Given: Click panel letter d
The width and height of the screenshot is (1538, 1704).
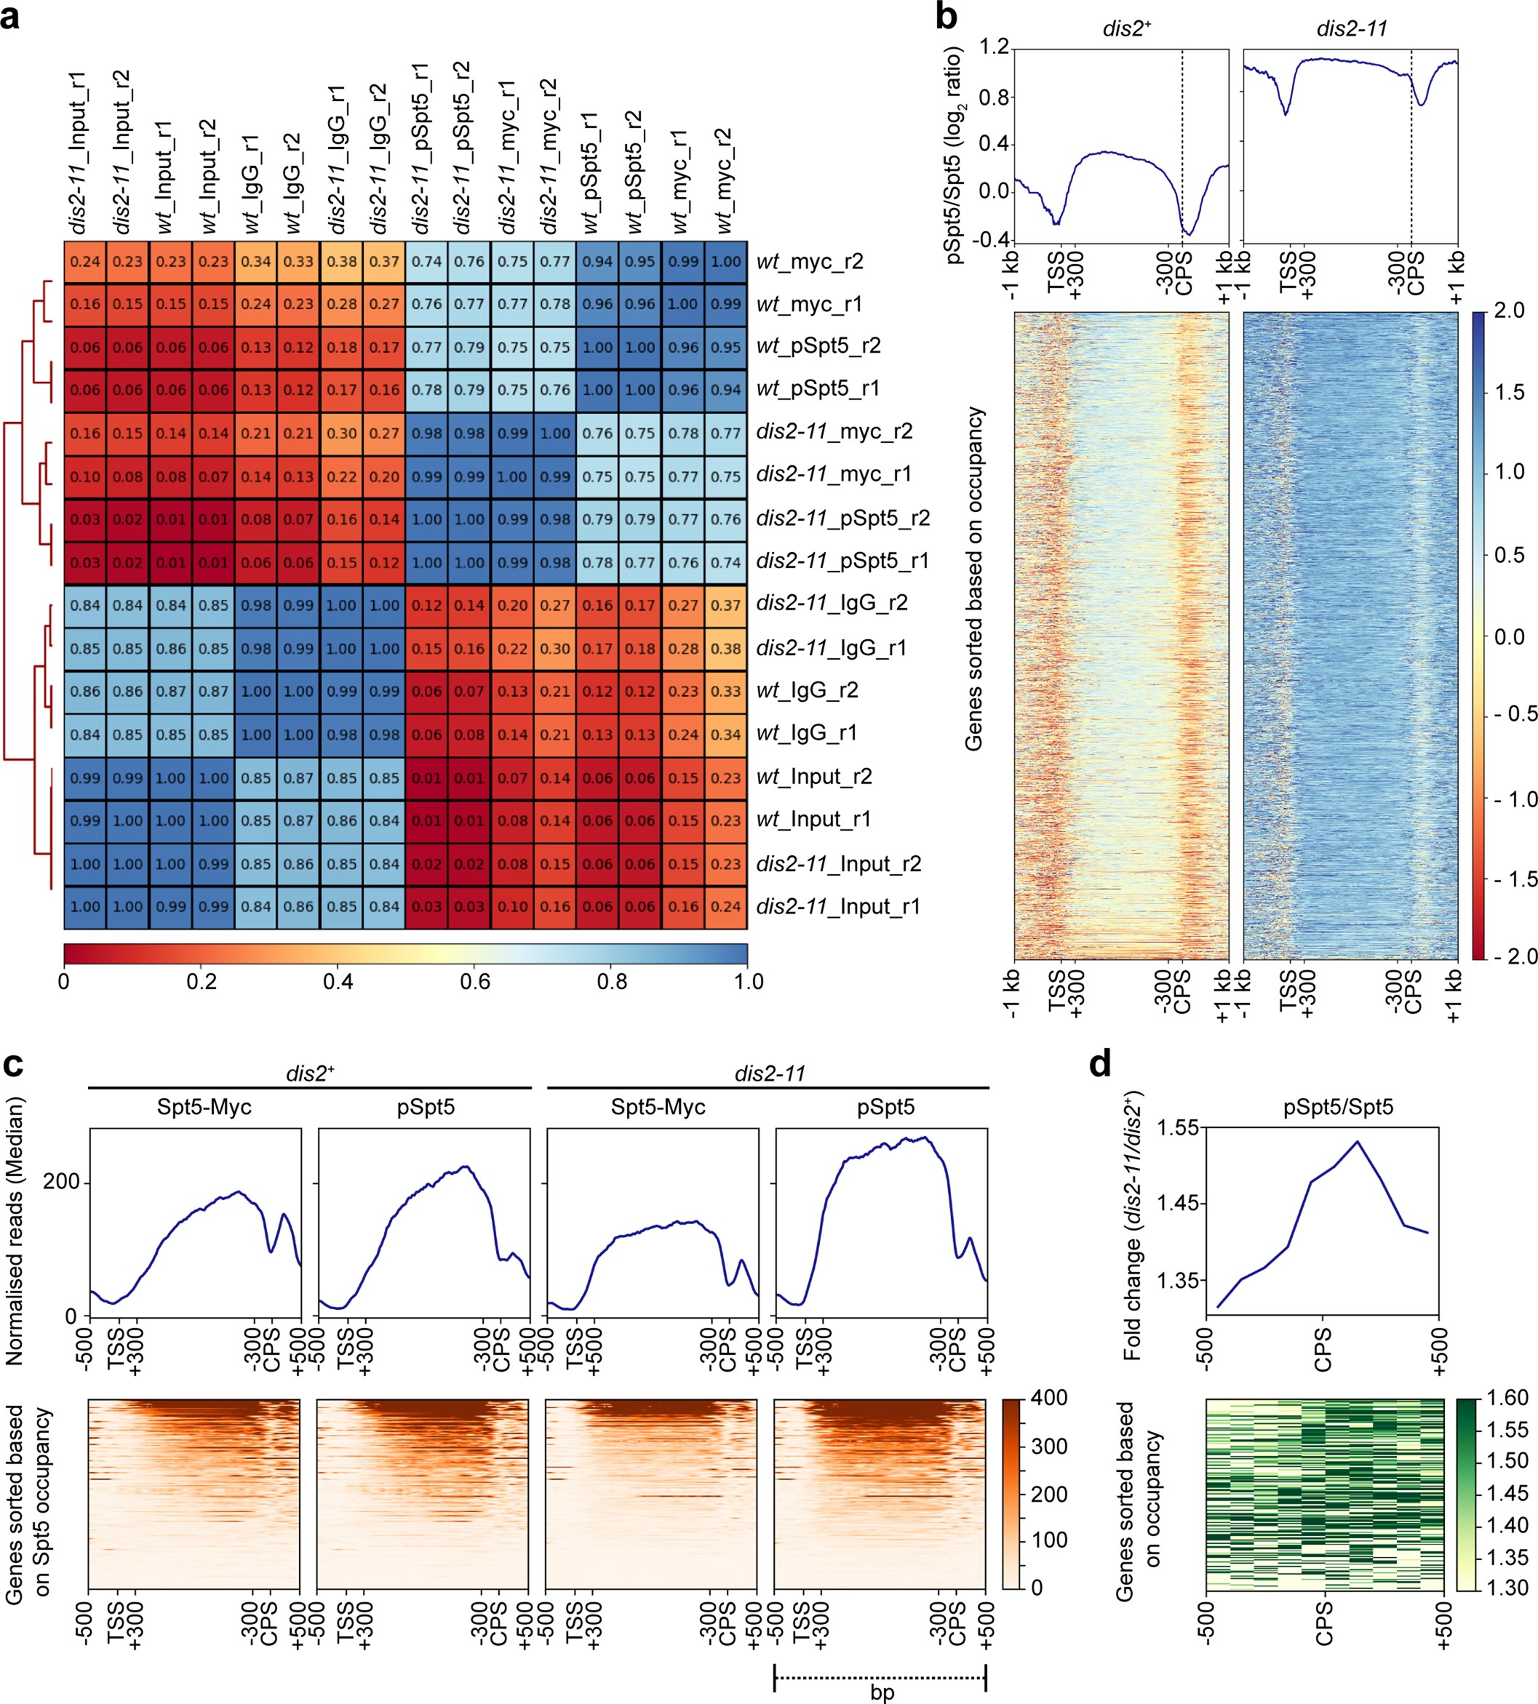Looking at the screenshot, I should [1099, 1065].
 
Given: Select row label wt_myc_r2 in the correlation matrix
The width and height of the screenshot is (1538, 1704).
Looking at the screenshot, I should [810, 262].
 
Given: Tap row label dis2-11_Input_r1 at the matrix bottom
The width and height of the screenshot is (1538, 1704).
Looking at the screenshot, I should [837, 906].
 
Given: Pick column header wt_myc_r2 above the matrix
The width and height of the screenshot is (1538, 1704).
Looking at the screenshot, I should [724, 181].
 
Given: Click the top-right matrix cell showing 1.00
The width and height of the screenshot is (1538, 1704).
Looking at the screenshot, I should [725, 262].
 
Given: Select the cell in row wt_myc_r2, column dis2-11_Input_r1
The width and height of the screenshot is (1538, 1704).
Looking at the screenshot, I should [85, 262].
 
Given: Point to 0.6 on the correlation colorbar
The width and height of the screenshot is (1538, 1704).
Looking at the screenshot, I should [475, 982].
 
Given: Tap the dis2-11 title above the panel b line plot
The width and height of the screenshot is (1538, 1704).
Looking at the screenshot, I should [1351, 28].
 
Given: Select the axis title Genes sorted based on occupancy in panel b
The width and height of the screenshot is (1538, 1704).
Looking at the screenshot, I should [973, 579].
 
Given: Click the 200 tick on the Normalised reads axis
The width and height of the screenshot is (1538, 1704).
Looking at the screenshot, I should [61, 1181].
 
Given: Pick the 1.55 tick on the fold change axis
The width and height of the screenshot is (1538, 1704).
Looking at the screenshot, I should [1177, 1127].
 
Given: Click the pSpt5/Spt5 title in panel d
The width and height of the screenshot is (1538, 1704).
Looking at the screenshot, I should [1338, 1107].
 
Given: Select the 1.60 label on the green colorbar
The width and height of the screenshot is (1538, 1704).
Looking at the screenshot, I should [1507, 1397].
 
